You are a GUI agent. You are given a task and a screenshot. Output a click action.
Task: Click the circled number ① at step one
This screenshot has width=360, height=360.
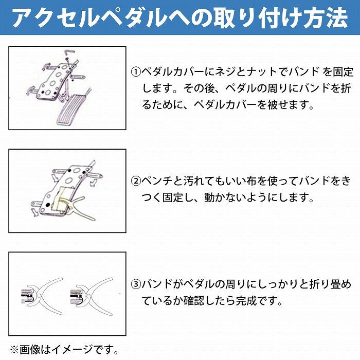point(136,71)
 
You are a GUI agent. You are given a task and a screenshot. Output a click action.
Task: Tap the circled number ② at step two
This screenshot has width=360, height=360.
point(136,181)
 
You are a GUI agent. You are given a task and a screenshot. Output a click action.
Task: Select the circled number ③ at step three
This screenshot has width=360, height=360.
point(136,283)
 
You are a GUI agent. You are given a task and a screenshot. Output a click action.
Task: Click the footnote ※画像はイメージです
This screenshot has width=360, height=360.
point(64,350)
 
